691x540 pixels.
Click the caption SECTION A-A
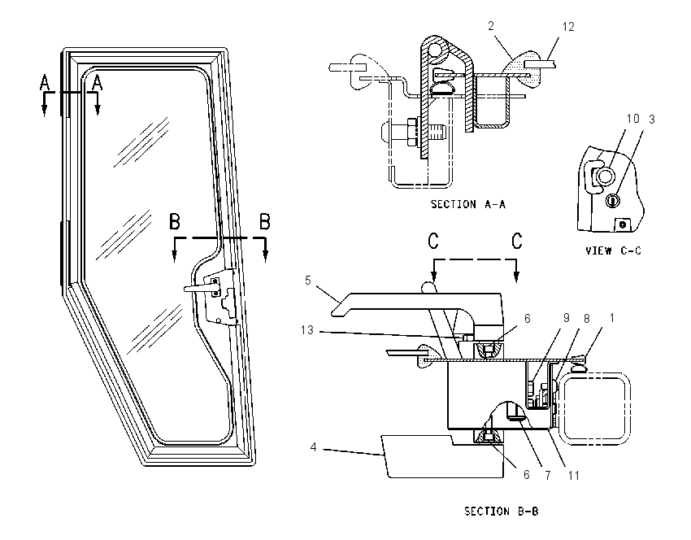[468, 204]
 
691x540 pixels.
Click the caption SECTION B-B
[501, 512]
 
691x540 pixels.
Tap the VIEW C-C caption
[613, 250]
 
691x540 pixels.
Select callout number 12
[568, 27]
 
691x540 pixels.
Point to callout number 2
[491, 26]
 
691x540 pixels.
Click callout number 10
[632, 119]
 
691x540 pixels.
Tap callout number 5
[307, 281]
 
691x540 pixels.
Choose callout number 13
[306, 329]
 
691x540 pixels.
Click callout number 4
[313, 447]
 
